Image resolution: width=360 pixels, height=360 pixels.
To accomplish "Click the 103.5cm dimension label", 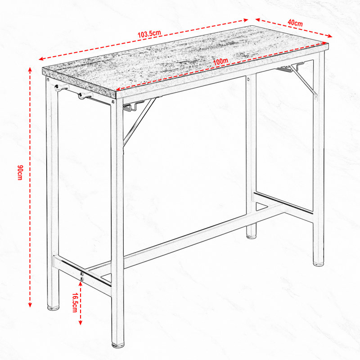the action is pos(149,34).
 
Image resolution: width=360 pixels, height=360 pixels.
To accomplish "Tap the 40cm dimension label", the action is pos(295,23).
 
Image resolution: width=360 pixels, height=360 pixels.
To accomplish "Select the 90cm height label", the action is pos(20,172).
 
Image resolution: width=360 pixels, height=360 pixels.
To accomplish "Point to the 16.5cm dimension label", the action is pos(75,302).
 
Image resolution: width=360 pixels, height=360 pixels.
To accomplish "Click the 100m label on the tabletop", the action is pos(220,61).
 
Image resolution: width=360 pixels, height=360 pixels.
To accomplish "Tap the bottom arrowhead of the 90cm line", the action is pos(30,305).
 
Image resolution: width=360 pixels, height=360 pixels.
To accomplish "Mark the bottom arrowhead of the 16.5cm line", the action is pos(81,323).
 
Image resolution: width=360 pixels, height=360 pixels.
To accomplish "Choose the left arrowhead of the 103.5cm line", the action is pos(41,59).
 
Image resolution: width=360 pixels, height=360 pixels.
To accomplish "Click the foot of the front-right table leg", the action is pos(319,264).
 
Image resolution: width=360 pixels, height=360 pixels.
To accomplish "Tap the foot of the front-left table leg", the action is pos(118,344).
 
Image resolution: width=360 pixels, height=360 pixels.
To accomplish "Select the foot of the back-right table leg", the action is pos(251,236).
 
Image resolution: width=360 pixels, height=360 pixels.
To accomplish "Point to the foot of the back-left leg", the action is pos(53,308).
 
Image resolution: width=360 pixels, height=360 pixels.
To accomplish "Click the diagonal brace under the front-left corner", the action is pos(139,121).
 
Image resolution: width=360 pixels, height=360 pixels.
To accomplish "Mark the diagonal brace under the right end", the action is pos(303,80).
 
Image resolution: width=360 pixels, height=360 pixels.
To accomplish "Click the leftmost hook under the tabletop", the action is pos(61,87).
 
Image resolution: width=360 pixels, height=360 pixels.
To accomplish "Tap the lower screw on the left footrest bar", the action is pos(81,279).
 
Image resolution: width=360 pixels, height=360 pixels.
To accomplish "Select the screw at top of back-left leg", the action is pos(48,80).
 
